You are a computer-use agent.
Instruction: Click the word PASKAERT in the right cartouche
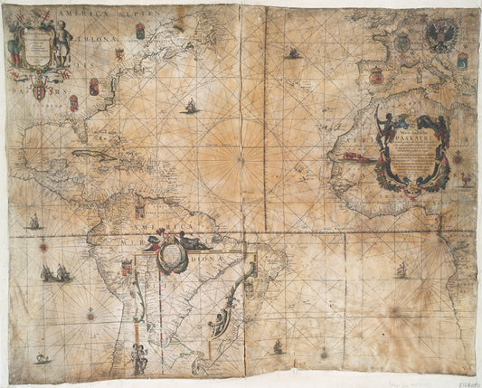411,141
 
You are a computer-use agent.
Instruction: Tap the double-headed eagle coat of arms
441,37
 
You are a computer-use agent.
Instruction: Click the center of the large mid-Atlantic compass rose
240,161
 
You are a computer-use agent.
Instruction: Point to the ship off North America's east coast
191,107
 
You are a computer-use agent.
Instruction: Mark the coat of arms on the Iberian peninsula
376,77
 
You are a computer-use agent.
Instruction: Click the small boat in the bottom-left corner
42,358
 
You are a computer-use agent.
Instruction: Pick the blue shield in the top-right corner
462,61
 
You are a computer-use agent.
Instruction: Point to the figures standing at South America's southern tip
139,358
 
